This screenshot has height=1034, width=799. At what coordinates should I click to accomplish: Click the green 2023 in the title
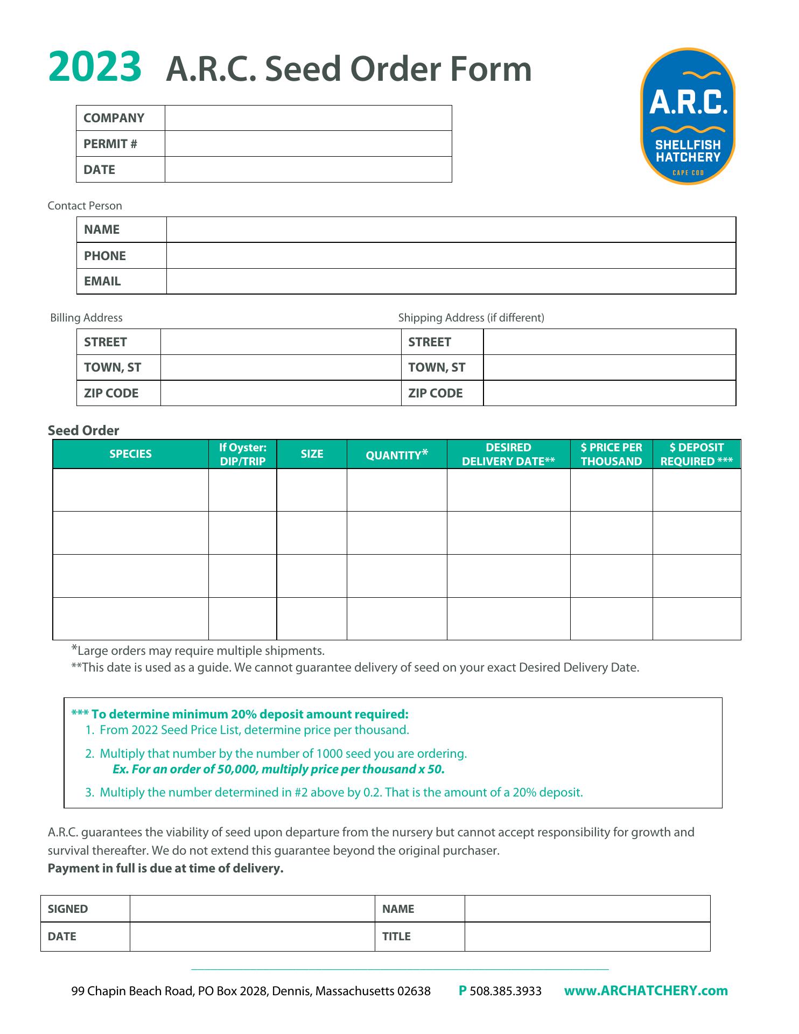(95, 68)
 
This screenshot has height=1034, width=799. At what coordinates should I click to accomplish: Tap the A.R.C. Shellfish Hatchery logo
(688, 116)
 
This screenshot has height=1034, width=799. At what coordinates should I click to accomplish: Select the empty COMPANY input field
(308, 118)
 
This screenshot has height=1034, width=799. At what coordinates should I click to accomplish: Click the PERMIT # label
(110, 144)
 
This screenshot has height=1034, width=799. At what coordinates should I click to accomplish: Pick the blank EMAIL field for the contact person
(451, 282)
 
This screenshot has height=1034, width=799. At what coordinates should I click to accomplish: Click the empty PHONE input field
(451, 256)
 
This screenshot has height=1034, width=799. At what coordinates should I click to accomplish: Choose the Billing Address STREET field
(281, 342)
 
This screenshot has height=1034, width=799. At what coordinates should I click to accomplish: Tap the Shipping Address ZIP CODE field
(609, 393)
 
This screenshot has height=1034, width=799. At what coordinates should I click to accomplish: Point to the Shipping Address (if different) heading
(471, 318)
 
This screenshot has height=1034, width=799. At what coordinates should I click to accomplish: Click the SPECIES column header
(130, 454)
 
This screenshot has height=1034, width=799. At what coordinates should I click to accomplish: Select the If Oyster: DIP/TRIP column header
(243, 454)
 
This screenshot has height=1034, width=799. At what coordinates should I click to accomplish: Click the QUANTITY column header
(397, 455)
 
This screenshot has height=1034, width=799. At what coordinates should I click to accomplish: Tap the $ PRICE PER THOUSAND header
(611, 454)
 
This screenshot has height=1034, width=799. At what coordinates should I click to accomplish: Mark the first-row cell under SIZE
(312, 490)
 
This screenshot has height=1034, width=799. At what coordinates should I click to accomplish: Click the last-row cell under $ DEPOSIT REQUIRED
(697, 619)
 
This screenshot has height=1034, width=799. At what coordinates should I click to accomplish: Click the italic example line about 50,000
(278, 769)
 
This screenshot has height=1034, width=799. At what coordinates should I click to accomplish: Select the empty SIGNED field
(252, 909)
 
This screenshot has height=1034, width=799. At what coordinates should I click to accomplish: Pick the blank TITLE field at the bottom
(587, 937)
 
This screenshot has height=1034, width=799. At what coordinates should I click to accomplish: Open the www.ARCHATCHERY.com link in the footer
(646, 991)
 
